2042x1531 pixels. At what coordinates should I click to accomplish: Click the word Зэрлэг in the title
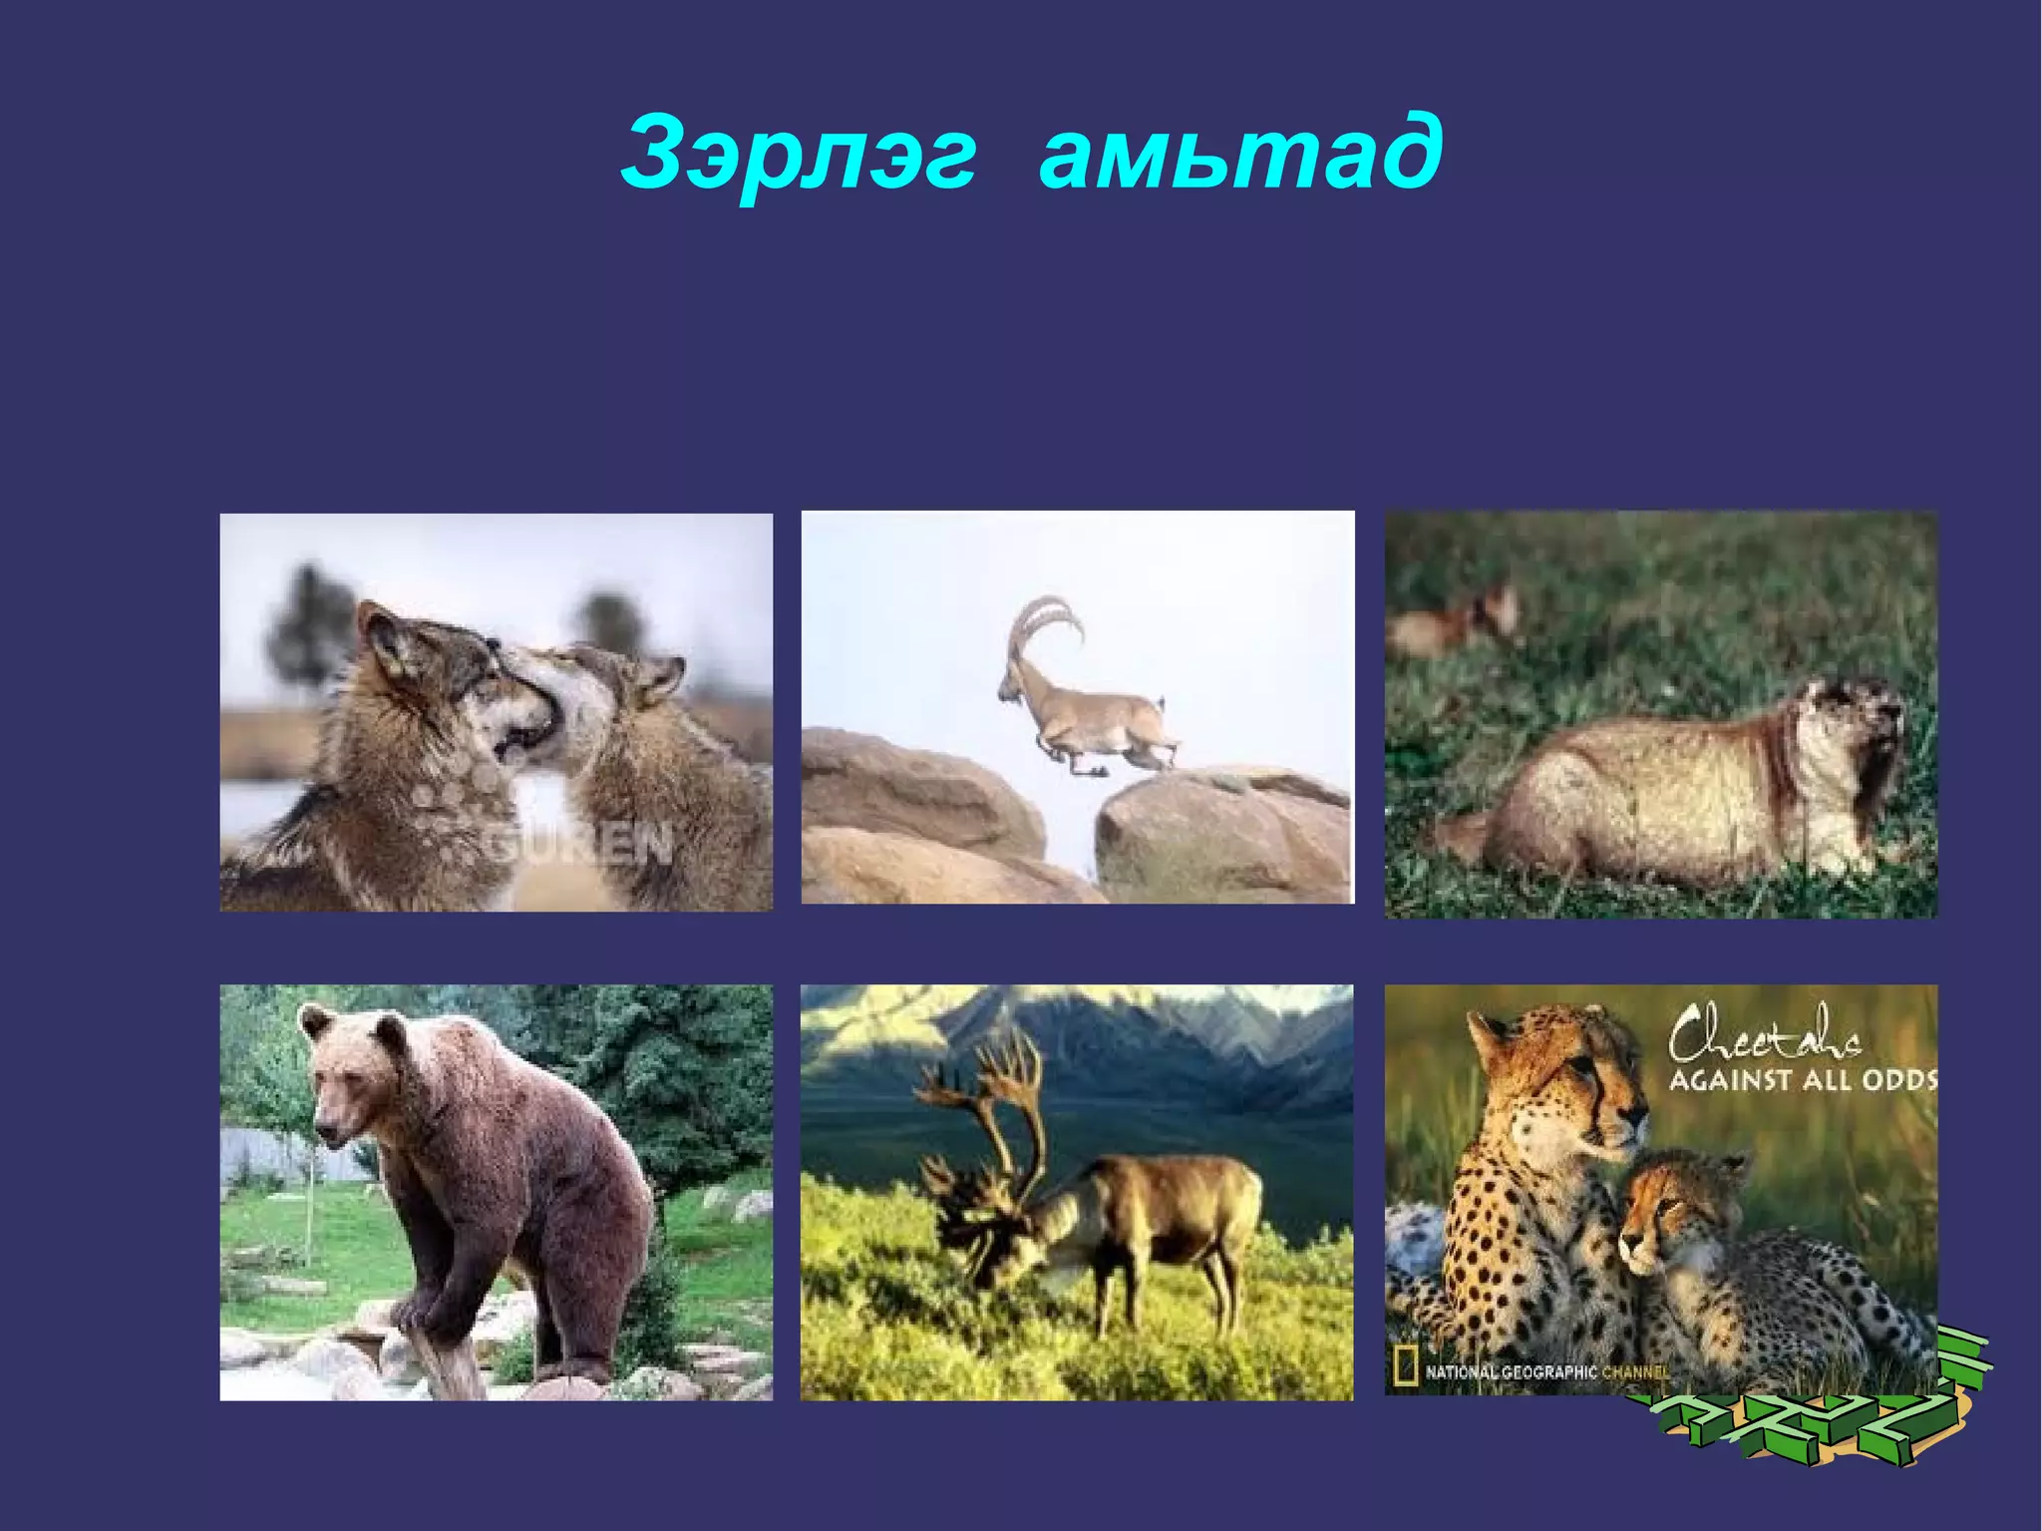pyautogui.click(x=798, y=156)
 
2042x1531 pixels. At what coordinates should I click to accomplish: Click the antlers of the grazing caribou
pyautogui.click(x=987, y=1117)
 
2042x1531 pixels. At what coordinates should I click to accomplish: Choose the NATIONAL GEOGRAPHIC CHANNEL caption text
pyautogui.click(x=1545, y=1372)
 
